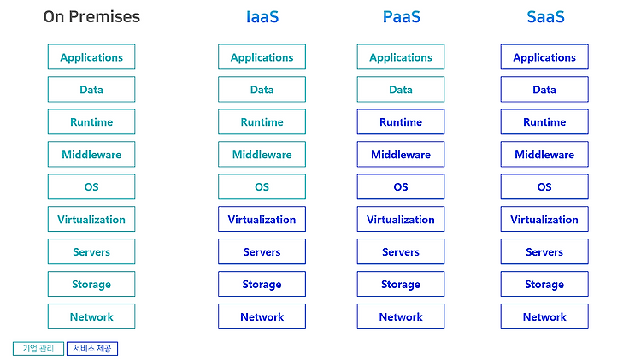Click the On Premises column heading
pyautogui.click(x=91, y=17)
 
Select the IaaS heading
pyautogui.click(x=262, y=17)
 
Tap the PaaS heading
pyautogui.click(x=401, y=17)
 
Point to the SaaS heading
pyautogui.click(x=545, y=17)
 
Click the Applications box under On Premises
pyautogui.click(x=91, y=56)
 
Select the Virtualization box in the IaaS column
pyautogui.click(x=262, y=219)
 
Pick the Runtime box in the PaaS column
pyautogui.click(x=401, y=122)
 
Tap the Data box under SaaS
pyautogui.click(x=544, y=90)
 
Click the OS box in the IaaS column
pyautogui.click(x=262, y=187)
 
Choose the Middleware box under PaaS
pyautogui.click(x=401, y=154)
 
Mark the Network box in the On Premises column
pyautogui.click(x=91, y=316)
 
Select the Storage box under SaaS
pyautogui.click(x=544, y=284)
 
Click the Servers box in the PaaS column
pyautogui.click(x=401, y=251)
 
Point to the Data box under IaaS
pyautogui.click(x=262, y=90)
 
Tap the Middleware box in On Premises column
pyautogui.click(x=91, y=154)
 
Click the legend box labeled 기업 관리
pyautogui.click(x=38, y=349)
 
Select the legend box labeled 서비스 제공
pyautogui.click(x=92, y=349)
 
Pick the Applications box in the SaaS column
pyautogui.click(x=544, y=56)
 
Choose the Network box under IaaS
pyautogui.click(x=262, y=316)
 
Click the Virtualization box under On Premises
pyautogui.click(x=91, y=219)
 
